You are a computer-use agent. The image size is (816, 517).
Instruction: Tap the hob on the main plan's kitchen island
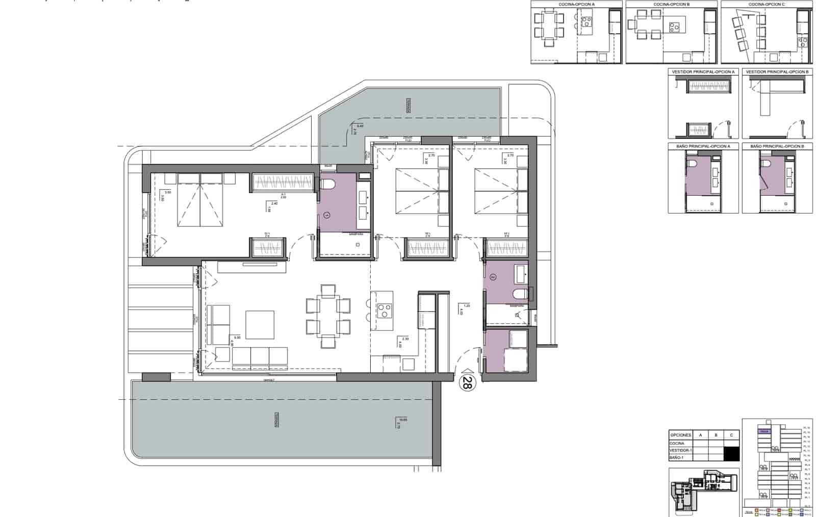pos(384,311)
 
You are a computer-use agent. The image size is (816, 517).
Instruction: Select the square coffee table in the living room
pos(260,325)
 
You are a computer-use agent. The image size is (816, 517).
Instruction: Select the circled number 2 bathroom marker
pos(493,277)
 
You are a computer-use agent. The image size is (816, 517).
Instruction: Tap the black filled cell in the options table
pos(731,453)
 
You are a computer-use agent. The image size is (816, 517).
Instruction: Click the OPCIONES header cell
pos(681,435)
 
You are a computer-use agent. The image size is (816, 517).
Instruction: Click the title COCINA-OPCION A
pos(576,5)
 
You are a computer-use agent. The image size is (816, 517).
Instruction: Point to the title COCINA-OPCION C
pos(767,5)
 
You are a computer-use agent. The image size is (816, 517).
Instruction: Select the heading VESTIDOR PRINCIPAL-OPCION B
pos(777,72)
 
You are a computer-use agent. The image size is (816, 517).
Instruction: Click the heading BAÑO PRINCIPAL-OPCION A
pos(703,146)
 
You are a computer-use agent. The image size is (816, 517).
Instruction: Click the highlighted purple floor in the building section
pos(763,431)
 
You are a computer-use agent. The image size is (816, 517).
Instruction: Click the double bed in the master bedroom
pos(201,200)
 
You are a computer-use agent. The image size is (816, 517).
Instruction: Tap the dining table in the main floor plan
pos(328,316)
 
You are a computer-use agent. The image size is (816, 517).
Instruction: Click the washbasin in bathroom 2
pos(521,274)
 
